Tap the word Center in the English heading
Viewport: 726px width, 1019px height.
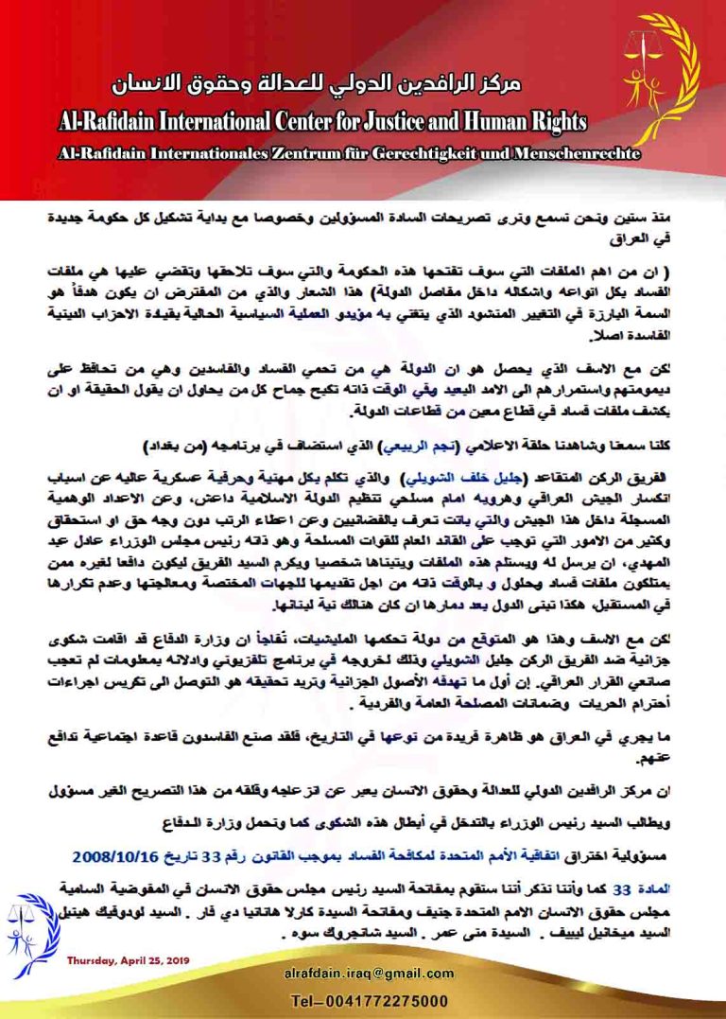311,122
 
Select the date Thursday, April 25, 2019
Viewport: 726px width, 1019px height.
128,960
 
